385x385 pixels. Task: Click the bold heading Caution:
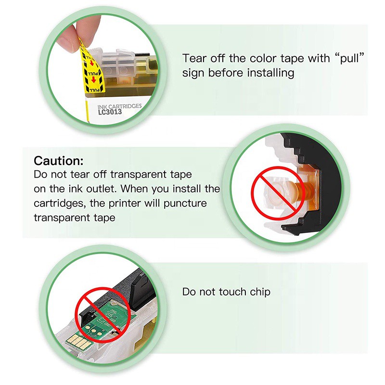coord(58,161)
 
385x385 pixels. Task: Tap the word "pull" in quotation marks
coord(349,58)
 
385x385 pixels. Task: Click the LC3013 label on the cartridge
coord(110,112)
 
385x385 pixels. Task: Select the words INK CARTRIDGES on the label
coord(119,106)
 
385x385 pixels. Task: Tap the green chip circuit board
coord(108,319)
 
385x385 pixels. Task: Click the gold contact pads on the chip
coord(77,340)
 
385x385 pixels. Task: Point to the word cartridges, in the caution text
coord(60,204)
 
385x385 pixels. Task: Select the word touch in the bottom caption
coord(232,292)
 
